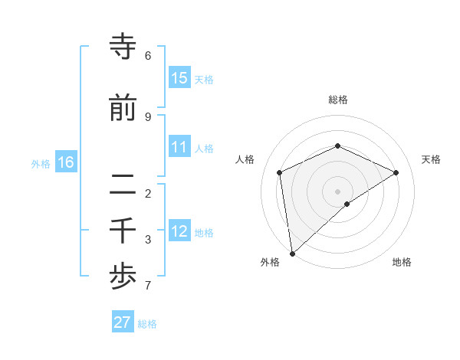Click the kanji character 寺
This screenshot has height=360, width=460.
(x=123, y=47)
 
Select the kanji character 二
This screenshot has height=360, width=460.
(x=123, y=184)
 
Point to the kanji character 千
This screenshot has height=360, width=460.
(x=123, y=231)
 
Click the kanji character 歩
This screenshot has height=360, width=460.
(x=123, y=277)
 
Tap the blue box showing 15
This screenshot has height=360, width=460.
(x=179, y=78)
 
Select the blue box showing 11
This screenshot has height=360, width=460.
(x=179, y=147)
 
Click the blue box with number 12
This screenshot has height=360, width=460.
(x=179, y=231)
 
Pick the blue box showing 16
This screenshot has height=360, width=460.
(x=66, y=162)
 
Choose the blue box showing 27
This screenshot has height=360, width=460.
(x=123, y=322)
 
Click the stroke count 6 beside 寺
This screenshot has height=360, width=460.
(x=148, y=56)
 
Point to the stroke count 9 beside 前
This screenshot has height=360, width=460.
(x=148, y=116)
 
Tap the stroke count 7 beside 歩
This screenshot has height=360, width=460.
(x=148, y=286)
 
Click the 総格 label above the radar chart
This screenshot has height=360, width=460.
(x=337, y=100)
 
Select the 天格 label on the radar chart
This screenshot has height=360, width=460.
(x=432, y=159)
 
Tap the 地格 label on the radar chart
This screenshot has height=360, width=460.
(x=402, y=262)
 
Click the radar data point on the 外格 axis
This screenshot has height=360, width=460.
(x=291, y=254)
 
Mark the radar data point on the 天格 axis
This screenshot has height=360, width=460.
(x=396, y=172)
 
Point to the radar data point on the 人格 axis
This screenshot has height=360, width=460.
(x=280, y=172)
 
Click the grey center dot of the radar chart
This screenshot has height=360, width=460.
(x=337, y=191)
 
